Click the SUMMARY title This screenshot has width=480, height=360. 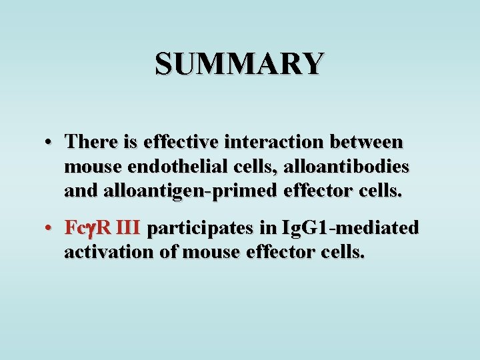pos(240,64)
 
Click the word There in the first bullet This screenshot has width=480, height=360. pos(90,142)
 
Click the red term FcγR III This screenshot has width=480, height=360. pos(102,229)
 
